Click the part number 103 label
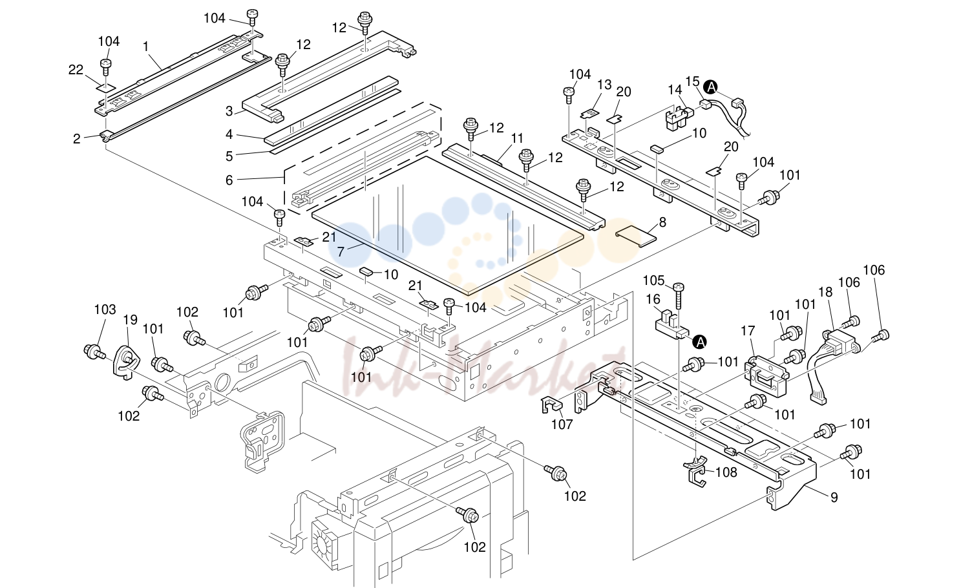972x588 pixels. coord(105,310)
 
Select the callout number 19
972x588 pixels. coord(130,319)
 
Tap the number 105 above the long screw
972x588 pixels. coord(653,280)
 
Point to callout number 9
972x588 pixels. coord(834,498)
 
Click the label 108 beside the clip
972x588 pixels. coord(726,472)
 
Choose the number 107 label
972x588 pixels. coord(562,424)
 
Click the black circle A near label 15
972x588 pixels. coord(711,87)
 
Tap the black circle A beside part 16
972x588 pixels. coord(699,342)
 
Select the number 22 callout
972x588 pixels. coord(76,69)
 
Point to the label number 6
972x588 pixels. coord(229,180)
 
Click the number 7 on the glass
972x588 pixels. coord(341,252)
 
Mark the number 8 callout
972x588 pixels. coord(662,222)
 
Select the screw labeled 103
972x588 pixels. coord(94,352)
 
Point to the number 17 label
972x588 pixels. coord(748,331)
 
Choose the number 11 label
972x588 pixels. coord(517,138)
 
